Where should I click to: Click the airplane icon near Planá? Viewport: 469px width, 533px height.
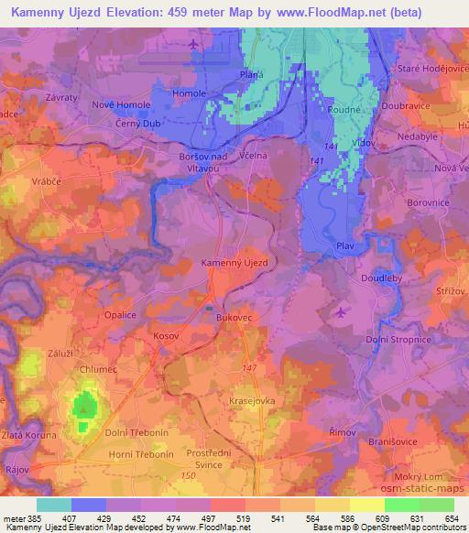tap(191, 44)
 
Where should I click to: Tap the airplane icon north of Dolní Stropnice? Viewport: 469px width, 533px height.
tap(342, 313)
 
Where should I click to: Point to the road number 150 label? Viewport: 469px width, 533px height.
tap(188, 477)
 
